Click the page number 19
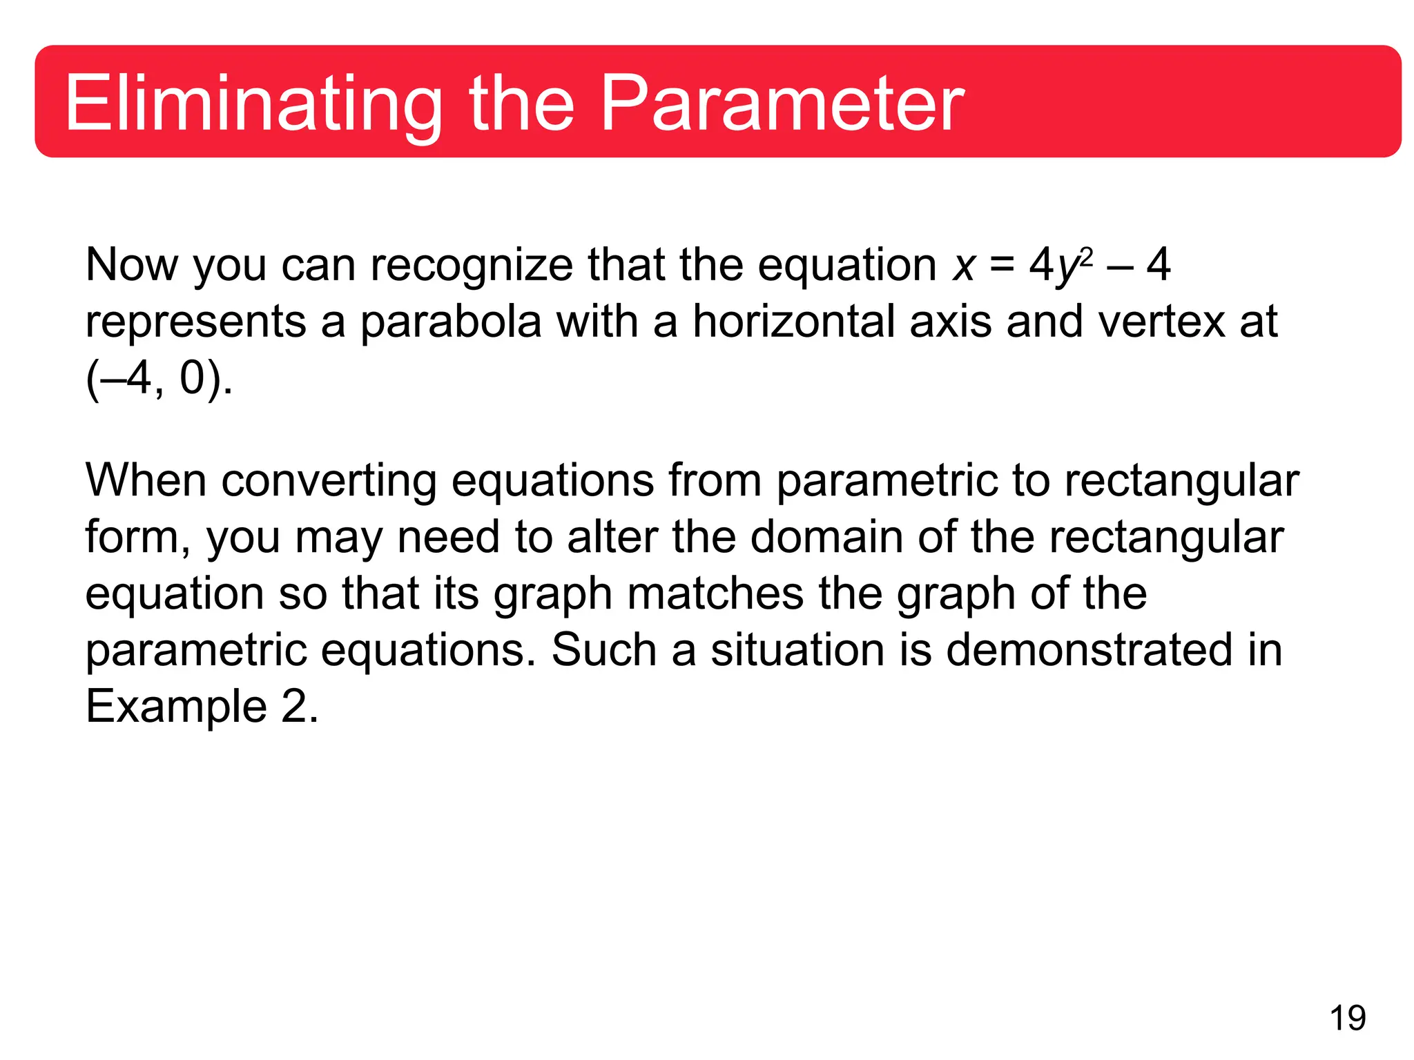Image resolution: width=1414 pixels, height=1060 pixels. (1347, 1018)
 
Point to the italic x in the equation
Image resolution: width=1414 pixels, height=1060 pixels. (964, 266)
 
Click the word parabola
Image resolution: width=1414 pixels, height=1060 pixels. (450, 322)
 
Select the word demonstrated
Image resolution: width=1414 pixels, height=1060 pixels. (1089, 650)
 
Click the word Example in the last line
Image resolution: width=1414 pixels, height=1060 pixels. (176, 707)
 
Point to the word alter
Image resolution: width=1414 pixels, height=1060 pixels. (612, 537)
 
